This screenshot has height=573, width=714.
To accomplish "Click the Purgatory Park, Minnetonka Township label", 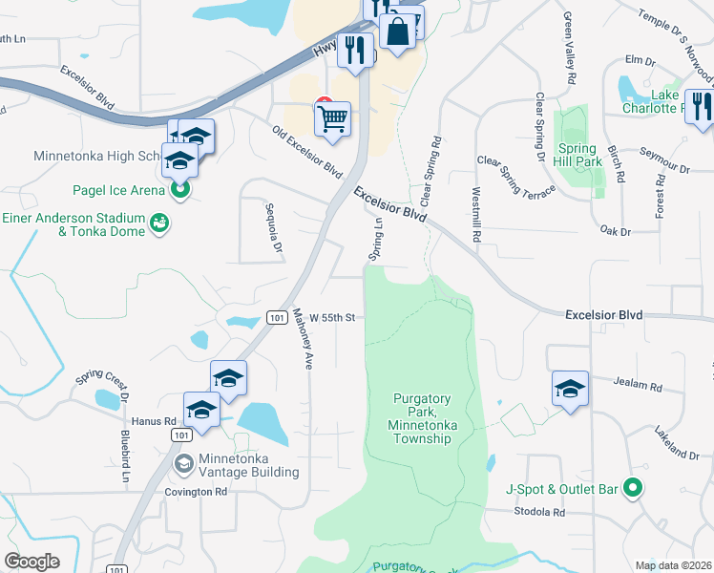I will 421,418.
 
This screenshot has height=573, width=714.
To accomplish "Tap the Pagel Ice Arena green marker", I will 179,189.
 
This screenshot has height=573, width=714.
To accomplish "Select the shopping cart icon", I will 332,119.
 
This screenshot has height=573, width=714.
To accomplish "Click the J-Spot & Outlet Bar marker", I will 631,489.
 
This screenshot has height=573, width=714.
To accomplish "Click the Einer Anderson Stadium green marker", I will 159,223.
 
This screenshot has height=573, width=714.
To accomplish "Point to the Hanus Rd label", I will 157,420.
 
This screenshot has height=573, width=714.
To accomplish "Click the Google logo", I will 32,561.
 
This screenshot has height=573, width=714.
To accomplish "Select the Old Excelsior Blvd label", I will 306,153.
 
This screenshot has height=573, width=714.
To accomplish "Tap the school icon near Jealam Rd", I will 570,389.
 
